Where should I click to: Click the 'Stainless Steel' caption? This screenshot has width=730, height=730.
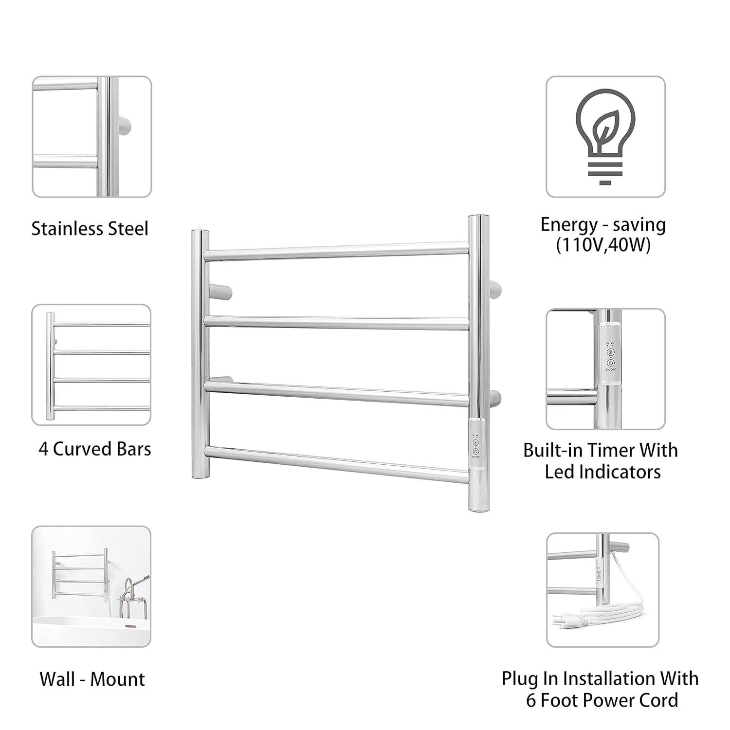(x=90, y=229)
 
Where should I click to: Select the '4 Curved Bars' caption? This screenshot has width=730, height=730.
(x=95, y=449)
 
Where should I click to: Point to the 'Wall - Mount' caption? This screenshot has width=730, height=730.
(x=92, y=679)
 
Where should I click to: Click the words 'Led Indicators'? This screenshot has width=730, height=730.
(x=602, y=472)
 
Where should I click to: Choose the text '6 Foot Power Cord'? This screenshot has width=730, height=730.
(x=602, y=700)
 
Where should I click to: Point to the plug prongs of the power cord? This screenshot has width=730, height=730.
(x=556, y=620)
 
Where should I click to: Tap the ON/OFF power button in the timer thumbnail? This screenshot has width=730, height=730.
(x=610, y=363)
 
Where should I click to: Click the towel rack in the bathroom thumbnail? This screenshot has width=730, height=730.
(x=79, y=572)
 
